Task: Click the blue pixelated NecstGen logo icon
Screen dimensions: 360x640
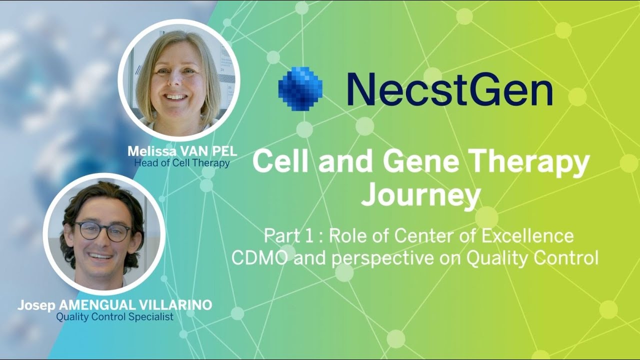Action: click(x=300, y=89)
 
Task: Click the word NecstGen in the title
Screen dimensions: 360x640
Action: click(x=449, y=89)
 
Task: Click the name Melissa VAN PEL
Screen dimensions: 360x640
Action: click(x=182, y=151)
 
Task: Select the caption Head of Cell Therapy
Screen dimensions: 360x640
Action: click(x=182, y=162)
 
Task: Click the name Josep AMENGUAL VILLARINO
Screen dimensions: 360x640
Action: click(x=114, y=305)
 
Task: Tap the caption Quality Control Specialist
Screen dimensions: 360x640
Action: click(x=114, y=316)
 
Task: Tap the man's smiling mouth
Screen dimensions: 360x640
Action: click(x=101, y=256)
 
